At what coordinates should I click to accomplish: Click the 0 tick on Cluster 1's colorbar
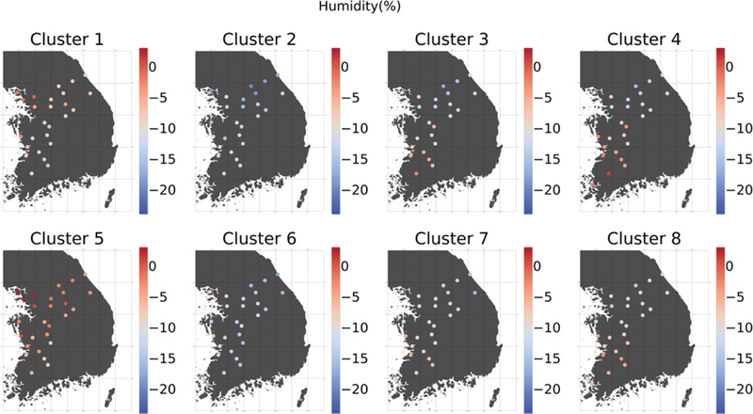coord(154,66)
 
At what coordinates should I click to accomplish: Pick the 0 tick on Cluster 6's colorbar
coord(346,266)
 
